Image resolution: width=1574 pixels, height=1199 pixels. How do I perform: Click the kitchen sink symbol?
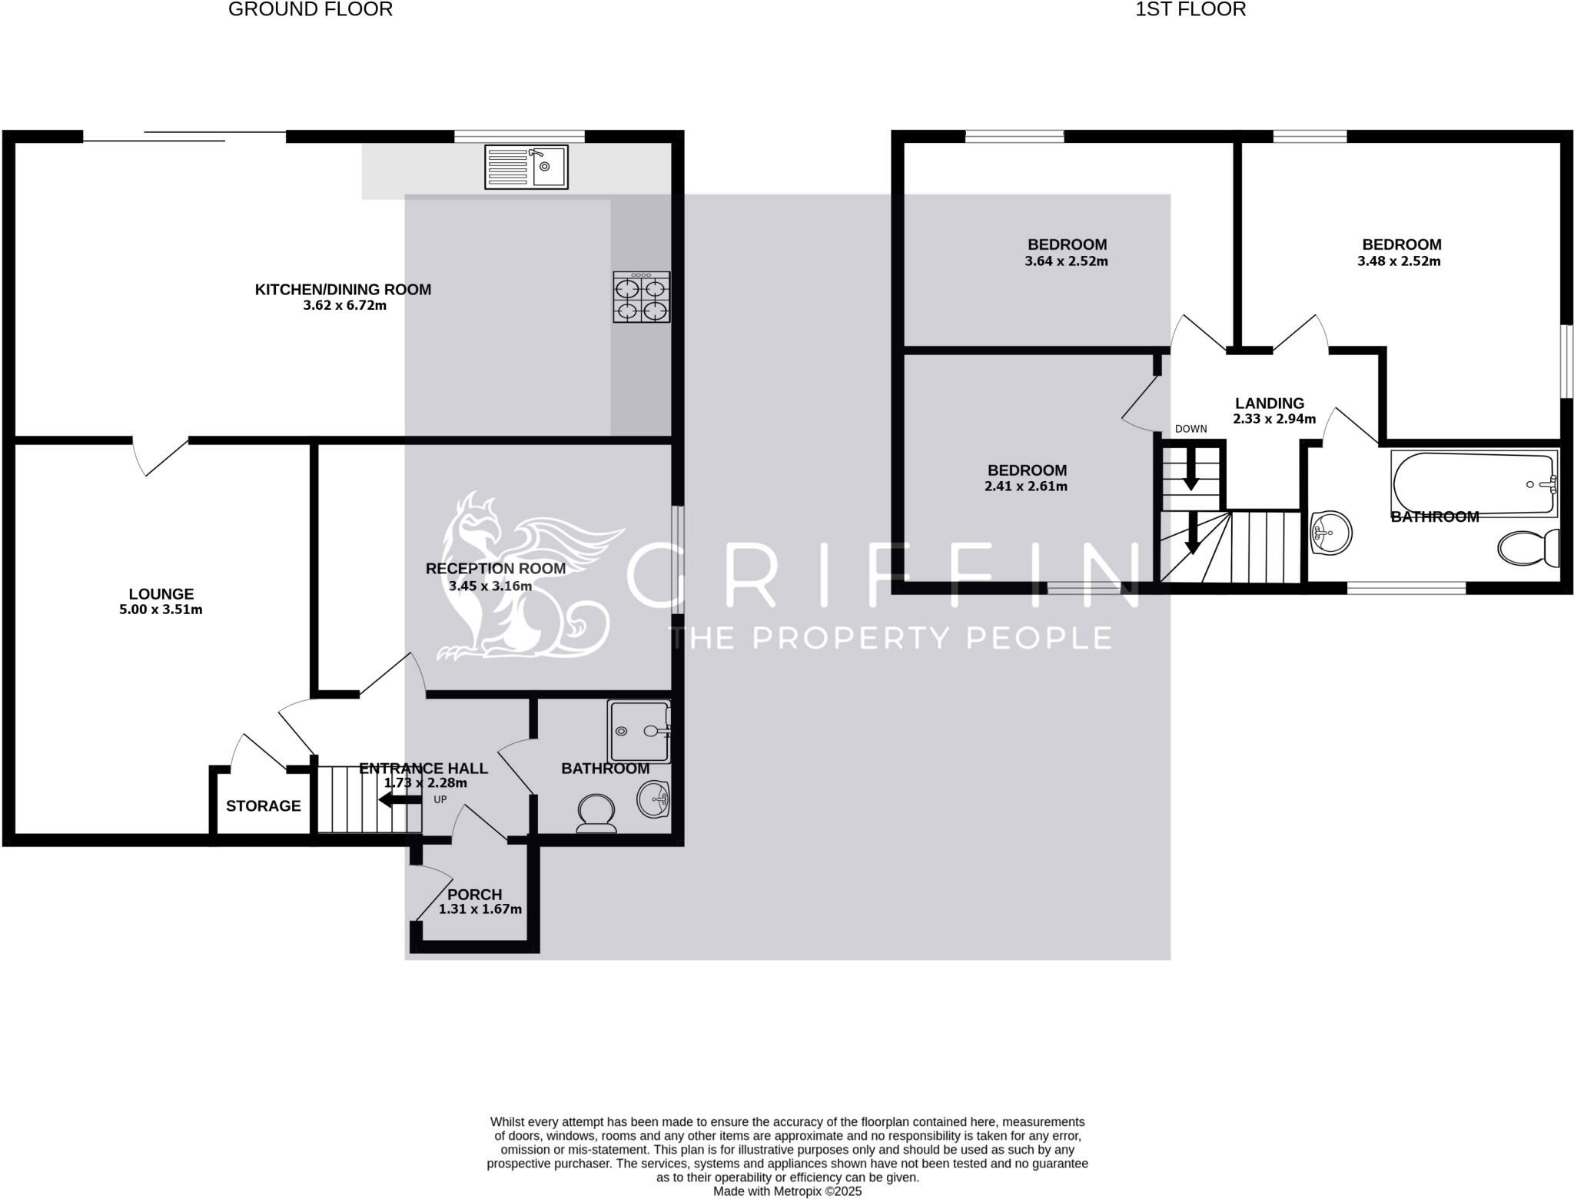526,167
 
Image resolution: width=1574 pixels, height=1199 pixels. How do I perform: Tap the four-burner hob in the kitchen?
641,297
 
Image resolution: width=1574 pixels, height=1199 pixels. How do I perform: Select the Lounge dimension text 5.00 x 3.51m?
161,609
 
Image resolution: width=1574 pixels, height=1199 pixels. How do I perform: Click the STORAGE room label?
263,805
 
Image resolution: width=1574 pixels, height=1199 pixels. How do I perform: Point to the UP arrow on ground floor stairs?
395,800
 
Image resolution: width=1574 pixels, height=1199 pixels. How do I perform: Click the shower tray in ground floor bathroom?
639,731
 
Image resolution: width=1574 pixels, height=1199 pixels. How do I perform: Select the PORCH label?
474,894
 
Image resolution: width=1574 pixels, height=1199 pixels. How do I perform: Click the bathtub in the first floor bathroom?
1473,483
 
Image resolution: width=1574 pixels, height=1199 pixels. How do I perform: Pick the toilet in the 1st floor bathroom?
1528,547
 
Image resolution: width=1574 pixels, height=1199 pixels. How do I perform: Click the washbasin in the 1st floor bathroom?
1330,532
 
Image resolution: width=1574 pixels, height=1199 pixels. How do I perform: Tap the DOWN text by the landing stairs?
1190,429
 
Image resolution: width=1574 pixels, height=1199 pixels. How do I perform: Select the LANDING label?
1269,403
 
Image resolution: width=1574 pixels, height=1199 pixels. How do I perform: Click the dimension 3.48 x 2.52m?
1398,261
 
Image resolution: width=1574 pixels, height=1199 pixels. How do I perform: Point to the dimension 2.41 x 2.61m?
1025,487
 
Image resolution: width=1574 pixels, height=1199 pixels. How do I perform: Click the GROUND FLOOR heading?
310,10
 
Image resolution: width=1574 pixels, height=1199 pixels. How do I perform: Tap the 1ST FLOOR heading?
1190,10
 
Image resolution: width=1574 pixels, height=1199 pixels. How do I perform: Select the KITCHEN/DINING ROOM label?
343,289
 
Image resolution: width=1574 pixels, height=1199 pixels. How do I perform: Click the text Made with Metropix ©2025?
787,1191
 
